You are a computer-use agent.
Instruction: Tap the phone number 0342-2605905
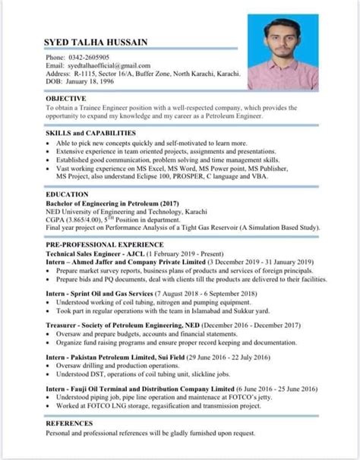coord(90,58)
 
